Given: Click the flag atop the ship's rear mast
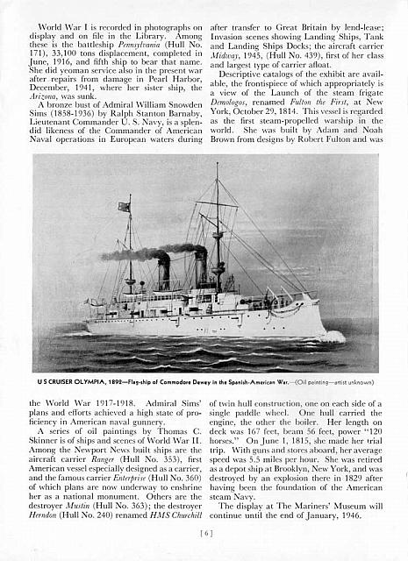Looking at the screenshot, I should [x=125, y=208].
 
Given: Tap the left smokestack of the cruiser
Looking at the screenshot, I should [x=164, y=274].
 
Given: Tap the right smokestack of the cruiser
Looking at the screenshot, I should [x=201, y=267].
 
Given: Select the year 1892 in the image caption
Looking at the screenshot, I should [x=115, y=382].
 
